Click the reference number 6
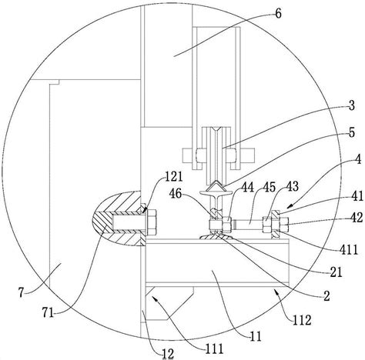[x=278, y=13]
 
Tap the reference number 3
[x=352, y=105]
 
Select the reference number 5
[x=352, y=132]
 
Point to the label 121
[x=173, y=176]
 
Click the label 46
[x=176, y=194]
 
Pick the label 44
[x=247, y=188]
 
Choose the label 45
[x=270, y=187]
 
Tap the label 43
[x=292, y=187]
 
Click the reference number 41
[x=357, y=196]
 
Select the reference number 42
[x=357, y=218]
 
